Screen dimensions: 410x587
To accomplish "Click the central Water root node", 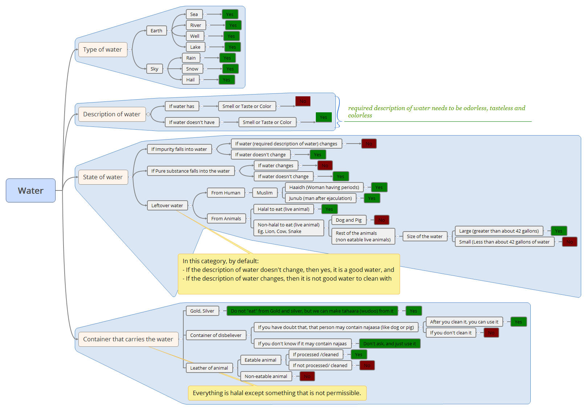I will coord(30,190).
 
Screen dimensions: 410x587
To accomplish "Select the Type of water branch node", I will coord(103,49).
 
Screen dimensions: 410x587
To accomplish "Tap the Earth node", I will coord(156,31).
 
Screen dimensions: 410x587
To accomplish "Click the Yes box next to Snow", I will coord(230,69).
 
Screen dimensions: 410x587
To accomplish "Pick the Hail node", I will coord(191,80).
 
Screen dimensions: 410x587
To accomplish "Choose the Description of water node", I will coord(112,114).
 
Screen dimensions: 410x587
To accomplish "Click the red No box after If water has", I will coord(303,101).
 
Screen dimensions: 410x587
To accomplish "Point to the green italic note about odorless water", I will coord(436,112).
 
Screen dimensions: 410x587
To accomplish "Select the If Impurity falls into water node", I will coord(179,149).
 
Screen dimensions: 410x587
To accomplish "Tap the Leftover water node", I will coord(167,205).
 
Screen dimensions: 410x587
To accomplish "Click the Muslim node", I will coord(265,193).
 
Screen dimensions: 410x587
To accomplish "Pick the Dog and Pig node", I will coord(348,220).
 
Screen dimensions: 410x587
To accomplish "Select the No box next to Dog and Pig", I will coord(382,220).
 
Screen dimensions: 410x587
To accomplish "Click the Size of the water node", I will coord(424,236).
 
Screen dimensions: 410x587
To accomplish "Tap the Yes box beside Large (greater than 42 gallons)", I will coord(558,231).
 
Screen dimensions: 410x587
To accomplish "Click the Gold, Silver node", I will coord(202,311).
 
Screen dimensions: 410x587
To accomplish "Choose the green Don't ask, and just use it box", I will coord(390,343).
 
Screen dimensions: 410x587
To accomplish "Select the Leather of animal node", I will coord(209,368).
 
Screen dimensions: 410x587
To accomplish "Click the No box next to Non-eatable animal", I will coord(307,376).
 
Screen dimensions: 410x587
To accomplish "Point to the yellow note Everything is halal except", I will coord(277,393).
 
